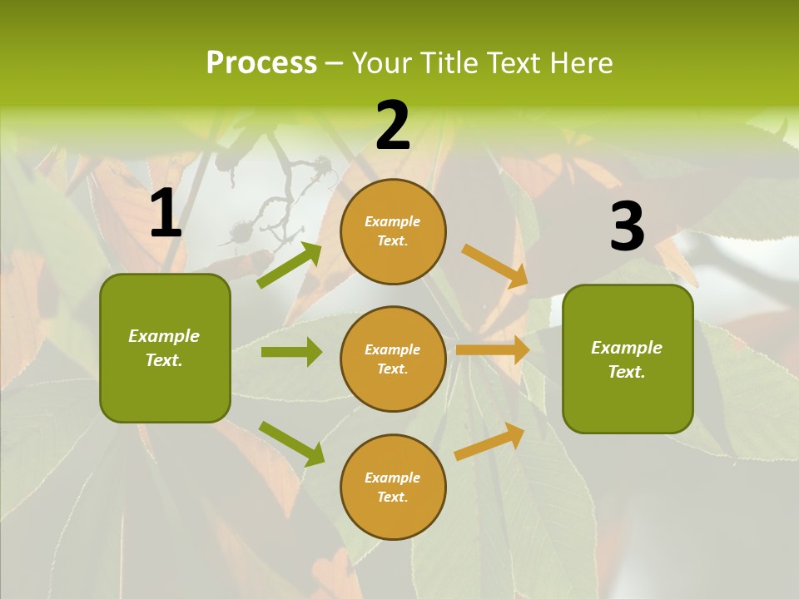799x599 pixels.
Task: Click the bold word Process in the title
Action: click(261, 63)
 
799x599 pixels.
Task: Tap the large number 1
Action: click(166, 214)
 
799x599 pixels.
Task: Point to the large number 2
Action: click(393, 126)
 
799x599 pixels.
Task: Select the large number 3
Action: click(627, 226)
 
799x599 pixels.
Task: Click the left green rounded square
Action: click(165, 348)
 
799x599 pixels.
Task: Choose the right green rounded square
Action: click(628, 359)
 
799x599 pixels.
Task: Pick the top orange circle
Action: click(393, 231)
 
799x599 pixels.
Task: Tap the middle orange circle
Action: click(393, 359)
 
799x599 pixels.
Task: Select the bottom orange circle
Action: click(393, 487)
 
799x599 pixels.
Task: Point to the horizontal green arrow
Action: click(291, 352)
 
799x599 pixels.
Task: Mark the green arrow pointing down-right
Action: click(291, 443)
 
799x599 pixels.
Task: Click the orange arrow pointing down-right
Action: click(495, 265)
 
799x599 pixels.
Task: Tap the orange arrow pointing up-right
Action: click(490, 441)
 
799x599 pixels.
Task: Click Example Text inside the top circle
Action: click(393, 231)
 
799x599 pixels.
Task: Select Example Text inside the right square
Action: click(627, 359)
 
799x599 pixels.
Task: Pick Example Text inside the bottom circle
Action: click(393, 488)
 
